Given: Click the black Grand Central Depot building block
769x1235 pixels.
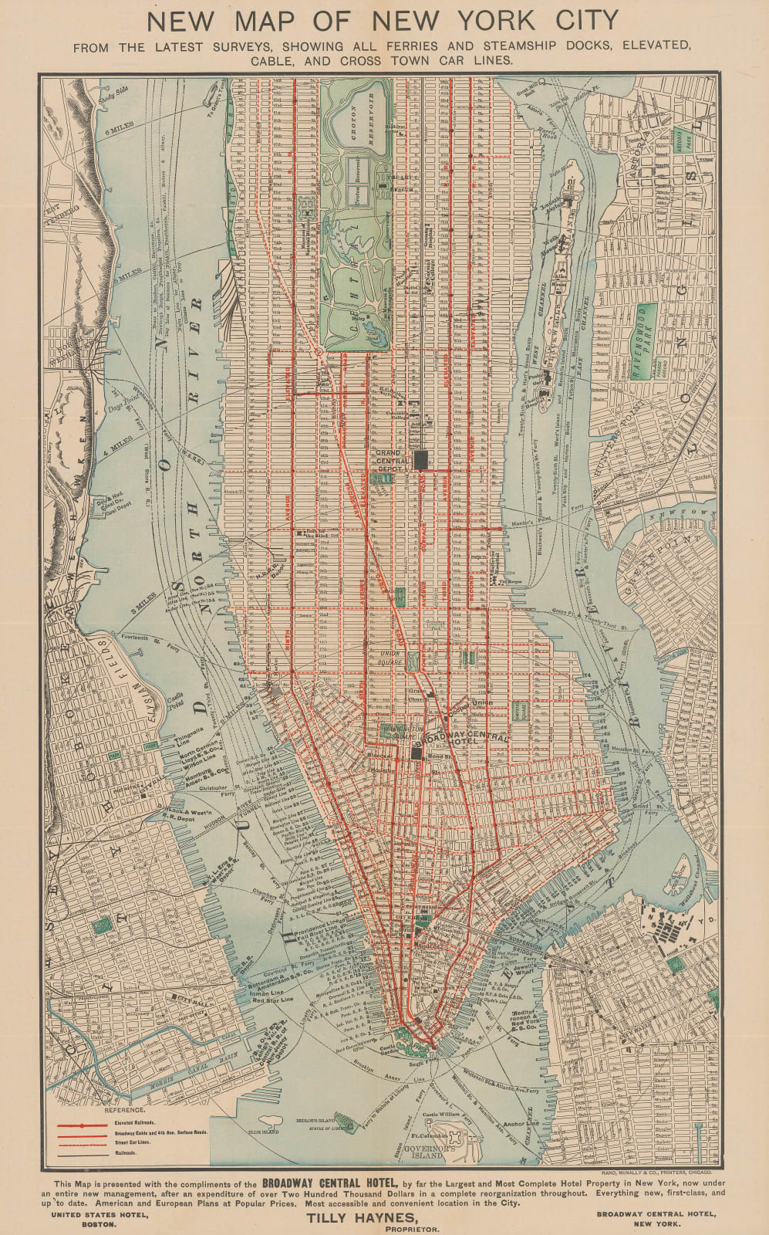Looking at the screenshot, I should pyautogui.click(x=421, y=460).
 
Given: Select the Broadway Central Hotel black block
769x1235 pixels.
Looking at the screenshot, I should pyautogui.click(x=417, y=754).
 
